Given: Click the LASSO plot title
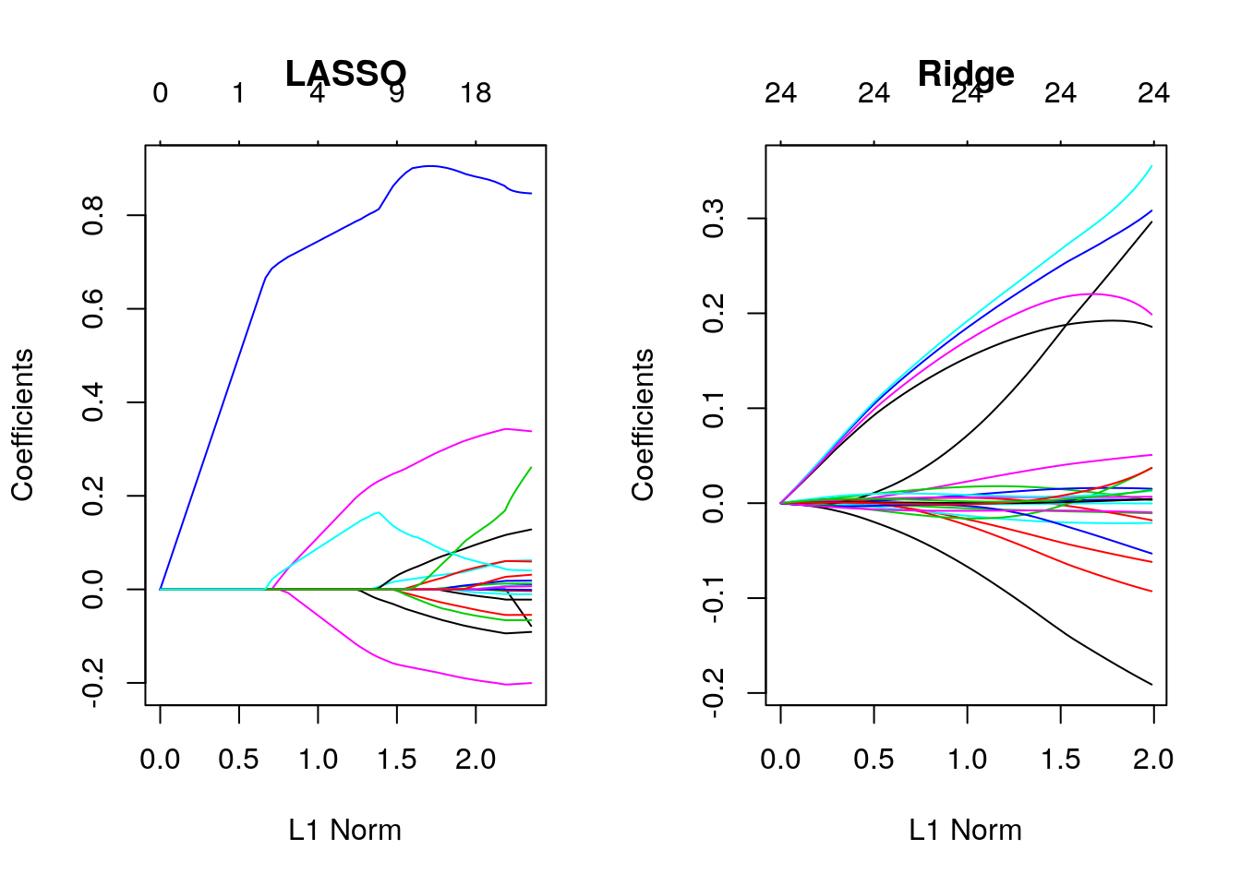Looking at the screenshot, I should [x=345, y=73].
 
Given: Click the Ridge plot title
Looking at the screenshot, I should [x=966, y=73].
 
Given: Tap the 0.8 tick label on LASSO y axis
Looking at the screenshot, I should [x=92, y=216].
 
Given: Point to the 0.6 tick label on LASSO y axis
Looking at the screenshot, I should [x=92, y=309].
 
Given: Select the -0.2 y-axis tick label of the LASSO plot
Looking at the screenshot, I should [x=92, y=683].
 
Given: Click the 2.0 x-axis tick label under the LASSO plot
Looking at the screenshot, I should [x=476, y=760].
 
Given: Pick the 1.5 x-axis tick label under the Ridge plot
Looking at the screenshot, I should [x=1060, y=760].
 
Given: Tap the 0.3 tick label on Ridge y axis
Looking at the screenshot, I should [x=713, y=219].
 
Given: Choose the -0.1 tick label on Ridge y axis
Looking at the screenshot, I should [x=713, y=598].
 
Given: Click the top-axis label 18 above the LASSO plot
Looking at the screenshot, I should [x=476, y=93].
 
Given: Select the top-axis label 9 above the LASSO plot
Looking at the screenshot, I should [x=396, y=93].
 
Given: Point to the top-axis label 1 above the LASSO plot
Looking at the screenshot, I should [x=239, y=93].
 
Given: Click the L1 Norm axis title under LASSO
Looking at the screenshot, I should [x=345, y=830].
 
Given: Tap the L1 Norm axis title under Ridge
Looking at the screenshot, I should [x=966, y=830].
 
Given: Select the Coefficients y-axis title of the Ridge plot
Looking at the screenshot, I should [x=643, y=425].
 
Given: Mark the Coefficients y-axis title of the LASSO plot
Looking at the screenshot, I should [x=22, y=425].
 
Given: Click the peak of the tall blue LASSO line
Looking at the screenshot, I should [x=429, y=166].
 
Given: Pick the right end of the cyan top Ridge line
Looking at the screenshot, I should [x=1151, y=167].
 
